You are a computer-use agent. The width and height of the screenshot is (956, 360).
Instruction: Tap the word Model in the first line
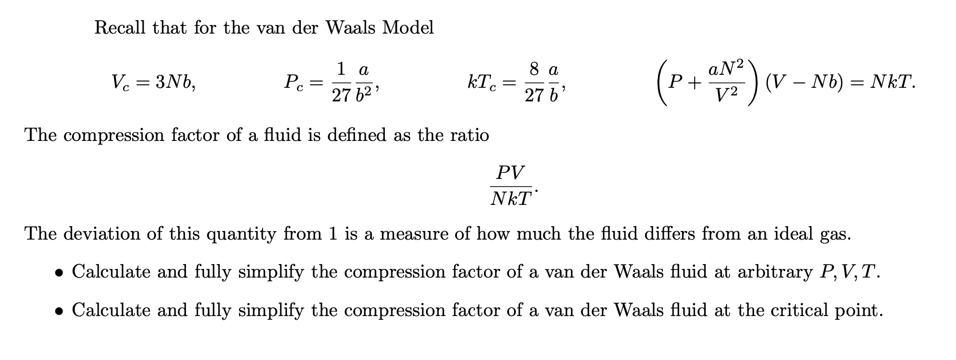click(x=408, y=27)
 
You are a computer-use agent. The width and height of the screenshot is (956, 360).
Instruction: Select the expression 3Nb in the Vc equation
click(x=175, y=82)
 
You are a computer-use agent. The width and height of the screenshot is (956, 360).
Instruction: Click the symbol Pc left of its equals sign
click(x=295, y=82)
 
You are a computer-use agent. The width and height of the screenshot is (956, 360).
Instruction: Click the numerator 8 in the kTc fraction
click(x=534, y=69)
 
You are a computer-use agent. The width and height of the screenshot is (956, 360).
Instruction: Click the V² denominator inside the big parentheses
click(x=726, y=96)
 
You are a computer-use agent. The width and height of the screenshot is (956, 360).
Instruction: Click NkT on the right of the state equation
click(x=892, y=82)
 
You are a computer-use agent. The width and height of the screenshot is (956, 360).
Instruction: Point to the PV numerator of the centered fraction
click(x=510, y=173)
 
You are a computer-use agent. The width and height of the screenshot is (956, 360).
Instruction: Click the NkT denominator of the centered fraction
click(x=510, y=199)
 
